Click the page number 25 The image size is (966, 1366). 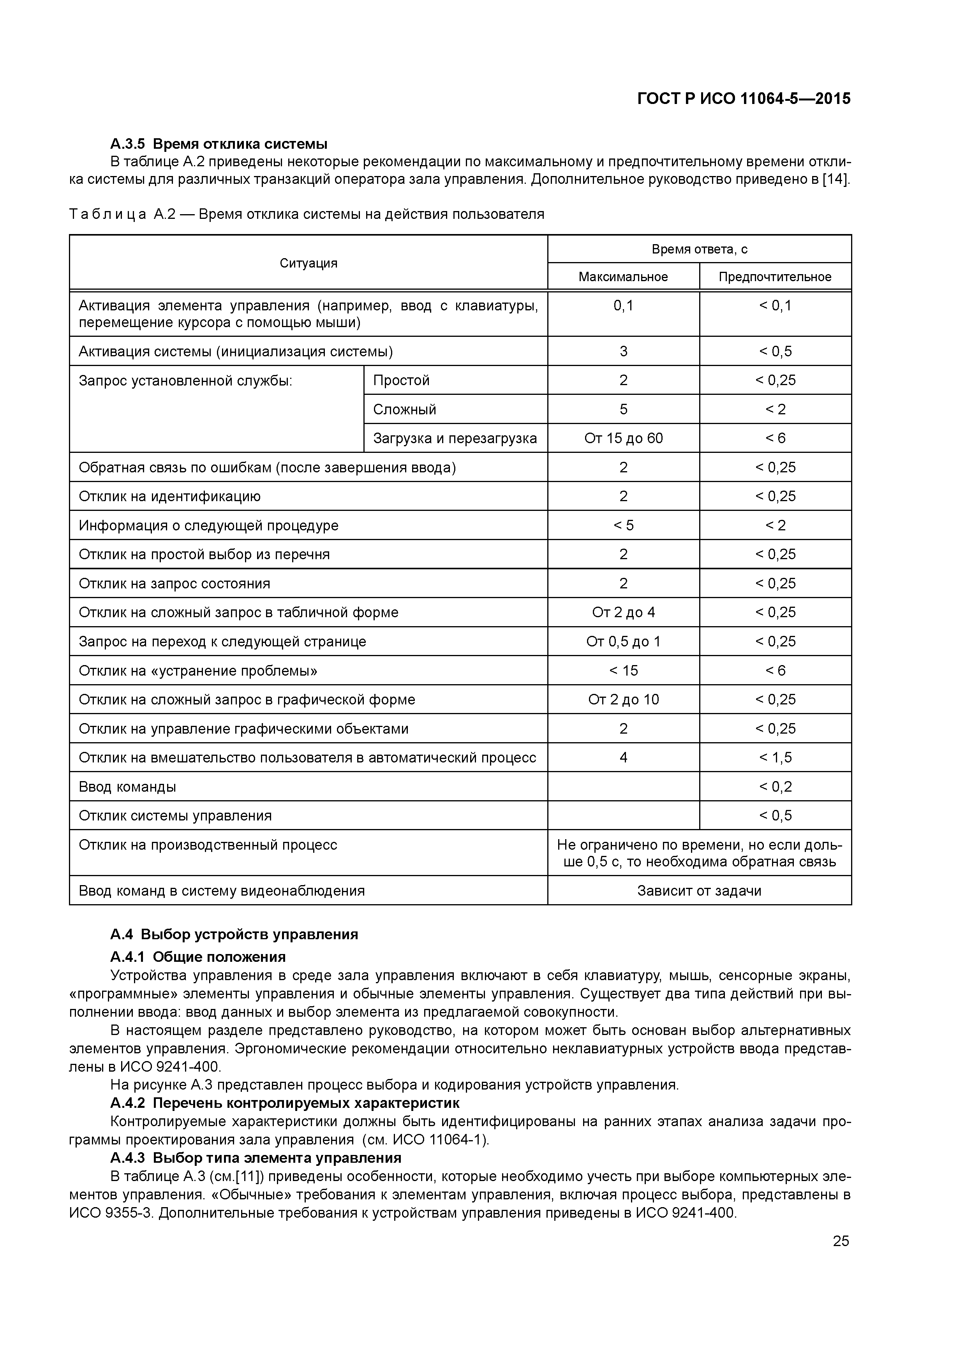coord(841,1241)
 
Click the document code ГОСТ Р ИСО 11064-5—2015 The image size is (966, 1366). coord(744,99)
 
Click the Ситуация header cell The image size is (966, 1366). coord(308,263)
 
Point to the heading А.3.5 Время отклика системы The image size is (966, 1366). coord(219,144)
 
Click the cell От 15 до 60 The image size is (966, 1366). coord(623,438)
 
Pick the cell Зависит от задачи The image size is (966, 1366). coord(699,891)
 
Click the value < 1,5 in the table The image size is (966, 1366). coord(775,757)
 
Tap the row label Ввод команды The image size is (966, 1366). coord(127,787)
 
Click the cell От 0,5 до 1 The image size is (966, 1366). coord(623,641)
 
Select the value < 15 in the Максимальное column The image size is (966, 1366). coord(623,671)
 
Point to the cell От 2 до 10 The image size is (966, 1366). coord(623,700)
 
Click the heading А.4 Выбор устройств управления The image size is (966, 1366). coord(234,934)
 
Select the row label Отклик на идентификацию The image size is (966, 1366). coord(169,496)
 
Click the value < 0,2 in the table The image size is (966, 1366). coord(775,787)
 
